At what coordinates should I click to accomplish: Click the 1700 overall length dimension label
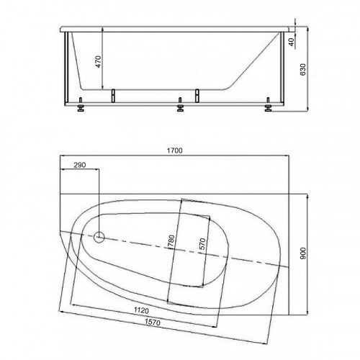pos(174,150)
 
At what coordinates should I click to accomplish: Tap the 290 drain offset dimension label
pos(80,165)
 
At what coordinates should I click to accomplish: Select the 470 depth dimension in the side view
pos(99,62)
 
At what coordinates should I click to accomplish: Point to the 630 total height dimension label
pos(303,70)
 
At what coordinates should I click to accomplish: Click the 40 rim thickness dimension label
pos(291,42)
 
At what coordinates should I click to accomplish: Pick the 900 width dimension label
pos(303,253)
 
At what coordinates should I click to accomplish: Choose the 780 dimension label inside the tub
pos(171,241)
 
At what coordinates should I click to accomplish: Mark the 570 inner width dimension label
pos(202,244)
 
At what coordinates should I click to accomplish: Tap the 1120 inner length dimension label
pos(141,310)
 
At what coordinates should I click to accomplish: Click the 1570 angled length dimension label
pos(153,322)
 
